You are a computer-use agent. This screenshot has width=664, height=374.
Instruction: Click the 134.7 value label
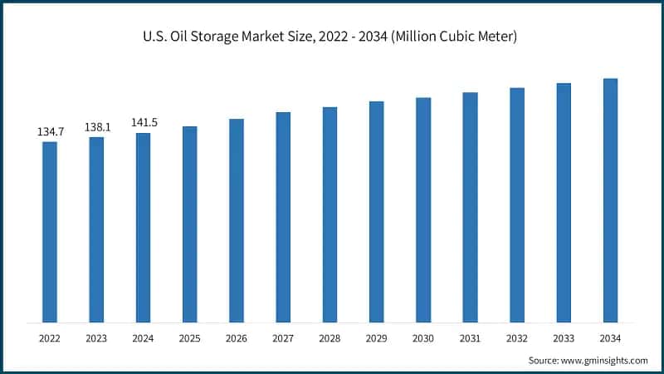(51, 132)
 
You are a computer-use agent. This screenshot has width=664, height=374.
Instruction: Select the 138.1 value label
(97, 128)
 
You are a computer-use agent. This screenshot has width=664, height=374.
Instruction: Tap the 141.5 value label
(144, 123)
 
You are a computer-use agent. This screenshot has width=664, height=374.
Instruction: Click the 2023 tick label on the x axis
(97, 338)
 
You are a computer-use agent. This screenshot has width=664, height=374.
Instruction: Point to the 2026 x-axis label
(237, 338)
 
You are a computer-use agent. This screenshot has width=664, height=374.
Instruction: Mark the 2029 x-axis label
(377, 338)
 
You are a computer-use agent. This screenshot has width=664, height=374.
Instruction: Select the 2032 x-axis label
(516, 338)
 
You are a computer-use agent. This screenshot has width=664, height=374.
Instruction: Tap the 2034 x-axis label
(610, 338)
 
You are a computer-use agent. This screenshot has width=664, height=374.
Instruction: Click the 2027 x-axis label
(283, 338)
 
